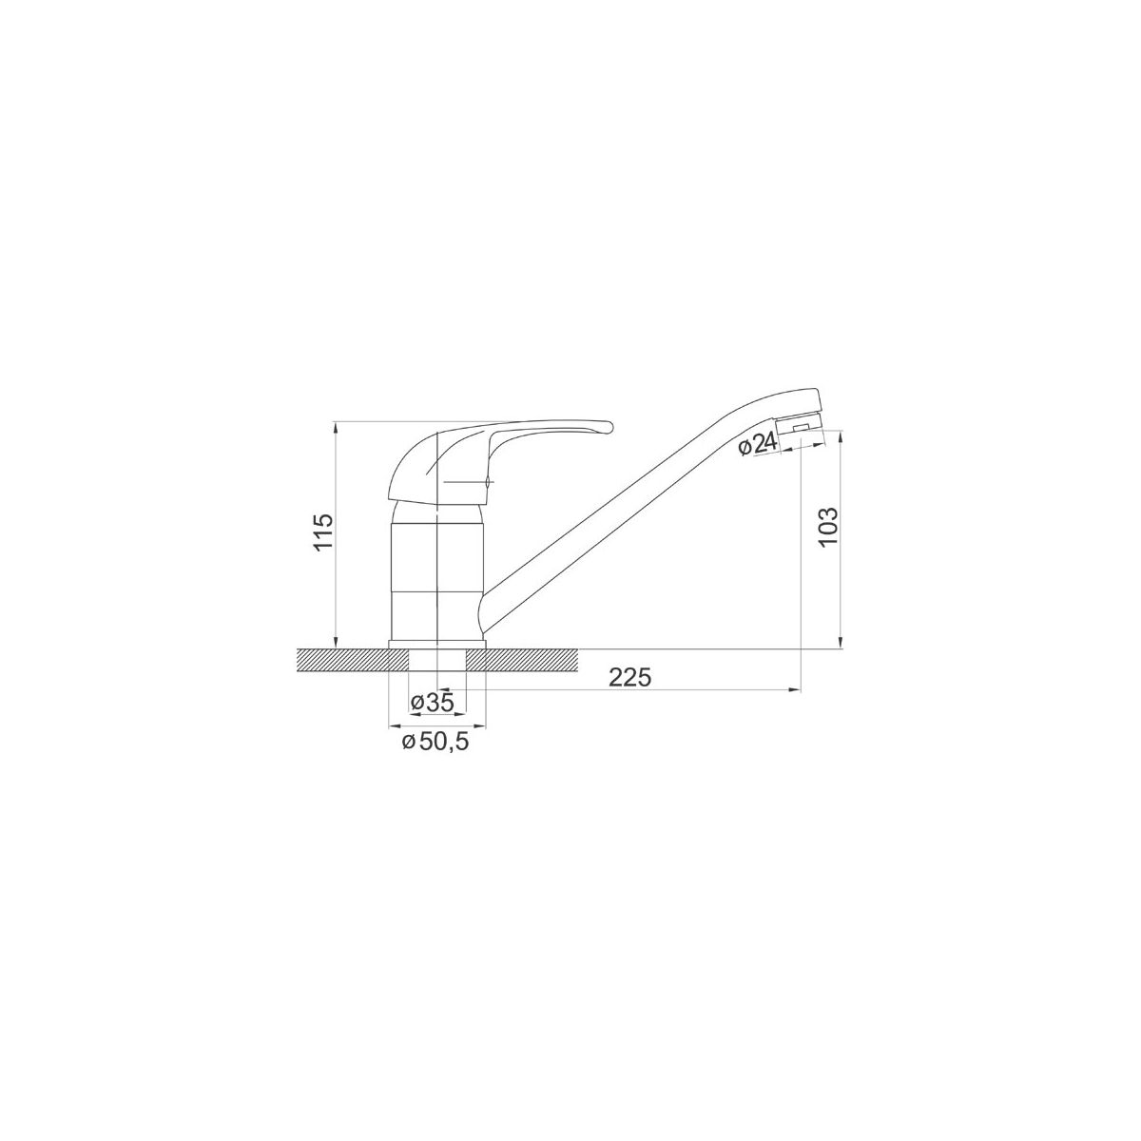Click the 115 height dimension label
click(324, 532)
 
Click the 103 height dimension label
click(828, 527)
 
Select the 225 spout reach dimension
click(630, 678)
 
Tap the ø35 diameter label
click(432, 703)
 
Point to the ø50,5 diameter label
click(435, 742)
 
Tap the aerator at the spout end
click(801, 424)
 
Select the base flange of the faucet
click(436, 645)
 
